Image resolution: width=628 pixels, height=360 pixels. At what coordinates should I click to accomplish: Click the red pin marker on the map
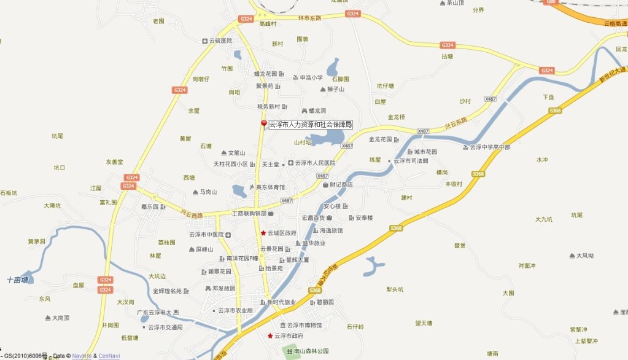tap(264, 125)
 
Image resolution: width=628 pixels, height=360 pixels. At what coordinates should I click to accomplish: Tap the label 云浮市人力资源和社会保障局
tap(311, 125)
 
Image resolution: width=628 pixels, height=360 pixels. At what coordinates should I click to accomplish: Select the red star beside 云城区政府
tap(263, 233)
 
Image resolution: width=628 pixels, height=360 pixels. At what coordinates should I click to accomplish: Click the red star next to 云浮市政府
tap(269, 336)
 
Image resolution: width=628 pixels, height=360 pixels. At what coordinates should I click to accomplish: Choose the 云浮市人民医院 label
tap(316, 163)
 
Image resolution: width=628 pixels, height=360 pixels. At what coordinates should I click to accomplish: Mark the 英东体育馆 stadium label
tap(270, 187)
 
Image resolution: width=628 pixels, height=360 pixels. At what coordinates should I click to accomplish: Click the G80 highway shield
tap(551, 2)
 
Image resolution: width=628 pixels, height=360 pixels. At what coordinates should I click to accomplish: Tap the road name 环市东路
tap(309, 18)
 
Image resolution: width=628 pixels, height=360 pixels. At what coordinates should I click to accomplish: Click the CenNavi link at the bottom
tap(109, 356)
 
